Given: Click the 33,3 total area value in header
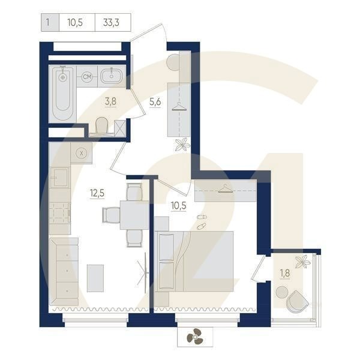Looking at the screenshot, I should click(x=109, y=23).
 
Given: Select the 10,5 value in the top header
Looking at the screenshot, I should click(x=75, y=23).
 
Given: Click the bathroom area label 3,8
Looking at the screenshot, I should click(x=111, y=101).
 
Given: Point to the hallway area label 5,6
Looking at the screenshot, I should click(x=155, y=101).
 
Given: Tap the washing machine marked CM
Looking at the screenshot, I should click(x=87, y=77).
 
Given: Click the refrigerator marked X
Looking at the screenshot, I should click(x=82, y=152).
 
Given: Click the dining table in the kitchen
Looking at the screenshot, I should click(x=133, y=214).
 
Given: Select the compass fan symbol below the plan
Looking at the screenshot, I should click(x=194, y=338).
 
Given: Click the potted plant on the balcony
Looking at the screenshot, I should click(x=304, y=261).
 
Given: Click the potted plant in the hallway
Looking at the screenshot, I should click(x=182, y=144).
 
